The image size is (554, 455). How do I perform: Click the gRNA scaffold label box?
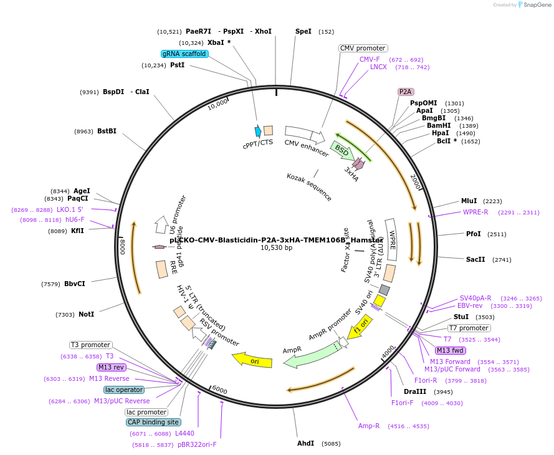[184, 54]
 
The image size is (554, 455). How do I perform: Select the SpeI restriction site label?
[303, 31]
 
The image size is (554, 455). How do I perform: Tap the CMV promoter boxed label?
[363, 48]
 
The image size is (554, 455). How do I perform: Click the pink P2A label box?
[406, 92]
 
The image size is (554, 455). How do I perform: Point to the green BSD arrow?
[343, 150]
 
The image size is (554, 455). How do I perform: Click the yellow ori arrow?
[252, 360]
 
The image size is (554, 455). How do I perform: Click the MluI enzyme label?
[469, 201]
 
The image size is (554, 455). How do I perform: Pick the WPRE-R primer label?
[475, 212]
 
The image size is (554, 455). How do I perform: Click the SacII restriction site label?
[475, 259]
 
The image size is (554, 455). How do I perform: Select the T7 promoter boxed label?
[469, 328]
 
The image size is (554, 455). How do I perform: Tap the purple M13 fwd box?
[450, 350]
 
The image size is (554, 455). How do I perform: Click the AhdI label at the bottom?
[305, 444]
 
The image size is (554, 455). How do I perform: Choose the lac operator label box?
[124, 390]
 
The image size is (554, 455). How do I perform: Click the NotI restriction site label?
[86, 314]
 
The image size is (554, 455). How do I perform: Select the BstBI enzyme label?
[107, 131]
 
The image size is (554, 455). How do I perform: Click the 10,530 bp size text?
[276, 247]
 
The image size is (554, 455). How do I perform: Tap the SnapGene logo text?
[537, 5]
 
